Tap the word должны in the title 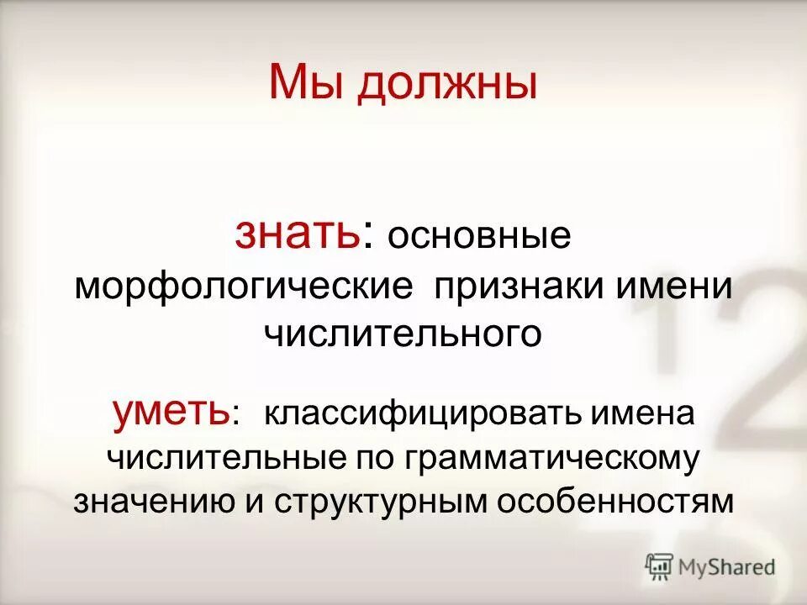point(446,87)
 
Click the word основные point(479,236)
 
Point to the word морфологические point(245,287)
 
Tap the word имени point(677,287)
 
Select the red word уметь point(172,412)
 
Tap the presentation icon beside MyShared point(659,566)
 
